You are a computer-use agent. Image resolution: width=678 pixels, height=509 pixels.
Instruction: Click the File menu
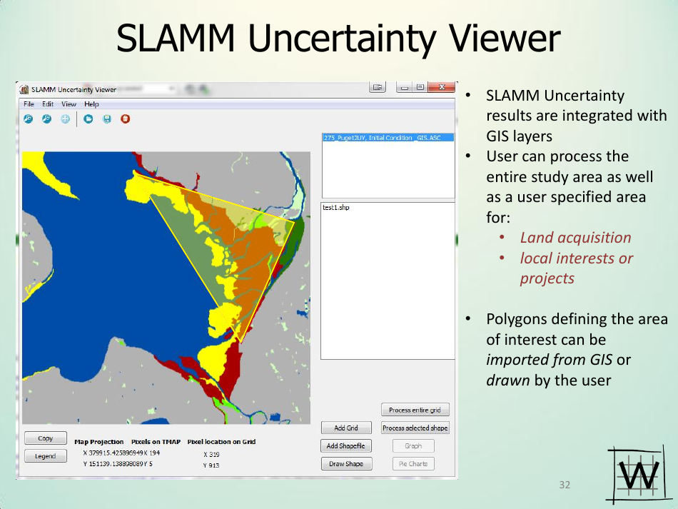[29, 104]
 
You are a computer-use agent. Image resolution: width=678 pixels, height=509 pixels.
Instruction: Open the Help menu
[91, 104]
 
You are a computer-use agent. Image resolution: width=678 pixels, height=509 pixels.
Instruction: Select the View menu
[69, 104]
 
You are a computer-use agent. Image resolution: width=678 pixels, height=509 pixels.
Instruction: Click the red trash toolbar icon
[125, 119]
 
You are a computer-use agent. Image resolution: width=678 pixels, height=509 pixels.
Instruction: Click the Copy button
[46, 438]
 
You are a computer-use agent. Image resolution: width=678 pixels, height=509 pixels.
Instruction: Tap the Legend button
[46, 456]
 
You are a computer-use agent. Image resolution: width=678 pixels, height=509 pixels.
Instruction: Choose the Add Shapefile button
[346, 446]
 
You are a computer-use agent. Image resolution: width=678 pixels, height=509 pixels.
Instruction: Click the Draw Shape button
[346, 464]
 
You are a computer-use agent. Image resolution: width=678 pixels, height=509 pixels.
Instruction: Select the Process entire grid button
[415, 410]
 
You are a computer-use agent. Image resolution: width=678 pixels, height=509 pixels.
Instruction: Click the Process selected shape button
[415, 428]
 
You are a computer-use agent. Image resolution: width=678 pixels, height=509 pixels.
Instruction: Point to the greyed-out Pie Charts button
[413, 464]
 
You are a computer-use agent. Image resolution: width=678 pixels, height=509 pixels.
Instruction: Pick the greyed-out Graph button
[413, 446]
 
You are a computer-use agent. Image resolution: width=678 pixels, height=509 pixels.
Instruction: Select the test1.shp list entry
[336, 208]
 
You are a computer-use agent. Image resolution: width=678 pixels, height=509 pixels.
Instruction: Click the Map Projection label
[99, 442]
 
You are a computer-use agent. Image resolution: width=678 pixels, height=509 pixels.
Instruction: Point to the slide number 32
[565, 485]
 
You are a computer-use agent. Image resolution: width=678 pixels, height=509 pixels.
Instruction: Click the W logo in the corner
[633, 475]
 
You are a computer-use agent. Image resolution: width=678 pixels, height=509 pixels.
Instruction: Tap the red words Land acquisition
[575, 238]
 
